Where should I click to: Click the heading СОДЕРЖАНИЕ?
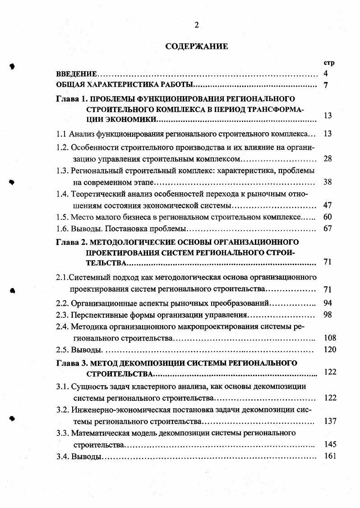point(197,46)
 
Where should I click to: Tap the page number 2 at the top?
point(196,25)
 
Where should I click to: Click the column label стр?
point(329,63)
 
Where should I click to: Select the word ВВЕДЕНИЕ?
point(77,74)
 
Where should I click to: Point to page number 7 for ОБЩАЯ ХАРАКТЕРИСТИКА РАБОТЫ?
point(326,85)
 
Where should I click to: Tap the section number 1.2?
point(62,147)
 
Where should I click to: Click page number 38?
point(328,182)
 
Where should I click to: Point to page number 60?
point(328,217)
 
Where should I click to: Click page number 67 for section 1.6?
point(328,228)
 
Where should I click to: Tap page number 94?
point(328,303)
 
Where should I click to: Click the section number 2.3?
point(62,314)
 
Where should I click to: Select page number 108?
point(330,338)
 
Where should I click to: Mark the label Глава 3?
point(71,363)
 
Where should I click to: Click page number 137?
point(330,421)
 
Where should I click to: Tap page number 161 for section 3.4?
point(330,456)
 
